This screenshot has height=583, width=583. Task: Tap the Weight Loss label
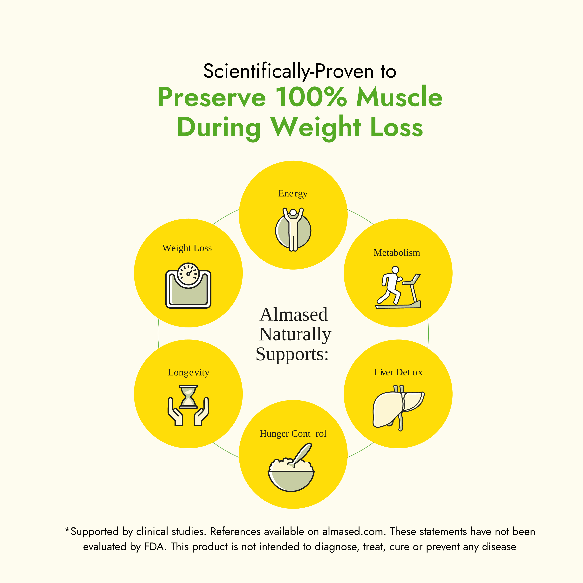click(187, 248)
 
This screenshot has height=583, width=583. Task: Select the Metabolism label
click(397, 253)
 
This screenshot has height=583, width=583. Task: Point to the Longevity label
click(189, 373)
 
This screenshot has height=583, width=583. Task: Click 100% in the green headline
click(311, 97)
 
